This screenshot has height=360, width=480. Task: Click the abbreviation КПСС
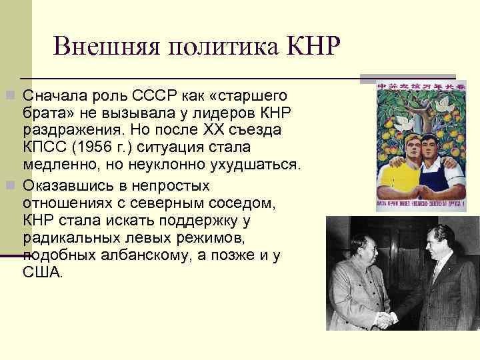42,145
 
